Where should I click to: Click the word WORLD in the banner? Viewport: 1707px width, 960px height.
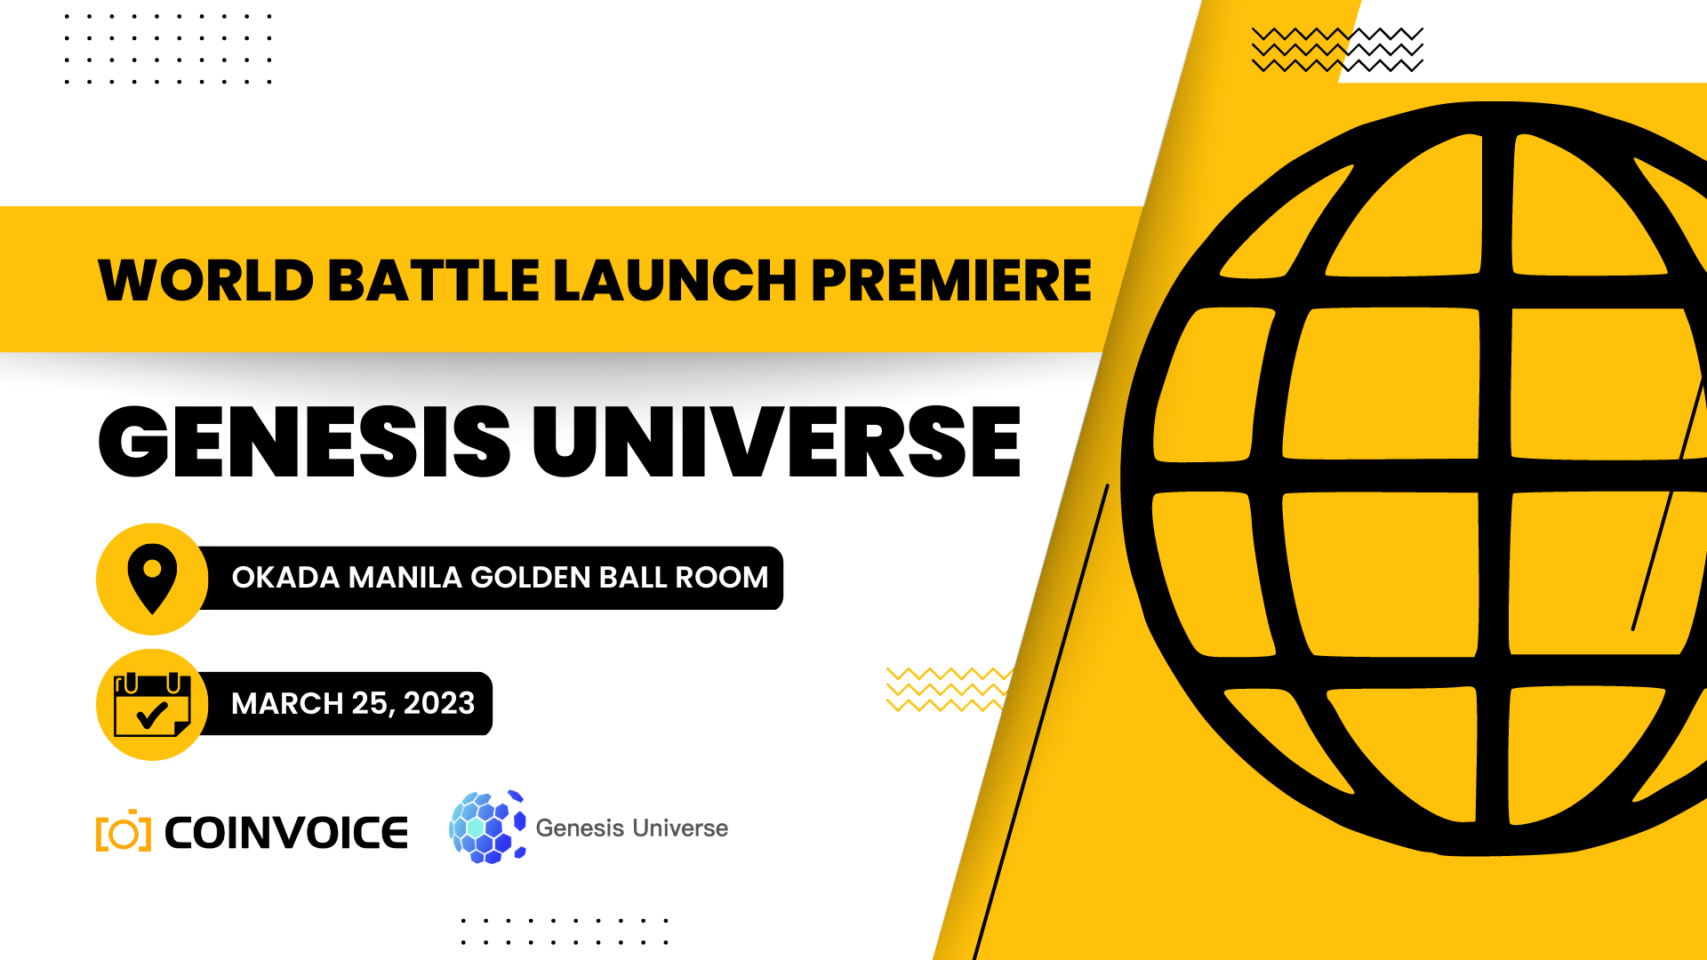coord(206,281)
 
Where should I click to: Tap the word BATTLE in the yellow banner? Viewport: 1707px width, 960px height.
coord(434,281)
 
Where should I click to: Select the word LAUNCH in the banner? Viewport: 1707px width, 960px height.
coord(675,281)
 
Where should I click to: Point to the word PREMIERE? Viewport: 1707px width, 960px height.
coord(950,281)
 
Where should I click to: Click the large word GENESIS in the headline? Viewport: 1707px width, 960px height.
coord(304,441)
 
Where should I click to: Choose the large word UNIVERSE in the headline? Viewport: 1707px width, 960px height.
coord(777,441)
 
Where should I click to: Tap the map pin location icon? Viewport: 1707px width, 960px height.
coord(152,579)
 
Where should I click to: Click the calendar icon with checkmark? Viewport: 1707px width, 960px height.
coord(152,705)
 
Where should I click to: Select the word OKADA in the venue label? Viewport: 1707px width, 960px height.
coord(285,578)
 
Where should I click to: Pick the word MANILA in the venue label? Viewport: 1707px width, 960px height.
coord(405,578)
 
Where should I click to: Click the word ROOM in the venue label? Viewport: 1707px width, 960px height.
coord(721,578)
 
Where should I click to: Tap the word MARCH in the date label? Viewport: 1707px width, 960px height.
coord(287,703)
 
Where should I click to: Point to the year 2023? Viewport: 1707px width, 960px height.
coord(439,703)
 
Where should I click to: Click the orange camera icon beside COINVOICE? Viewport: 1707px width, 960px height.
coord(124,830)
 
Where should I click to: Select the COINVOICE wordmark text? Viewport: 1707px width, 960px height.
coord(286,833)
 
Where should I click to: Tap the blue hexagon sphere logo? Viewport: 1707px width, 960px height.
coord(487,827)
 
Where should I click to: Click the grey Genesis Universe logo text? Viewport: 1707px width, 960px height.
coord(632,828)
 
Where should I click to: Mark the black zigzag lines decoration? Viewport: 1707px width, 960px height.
coord(1337,50)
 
